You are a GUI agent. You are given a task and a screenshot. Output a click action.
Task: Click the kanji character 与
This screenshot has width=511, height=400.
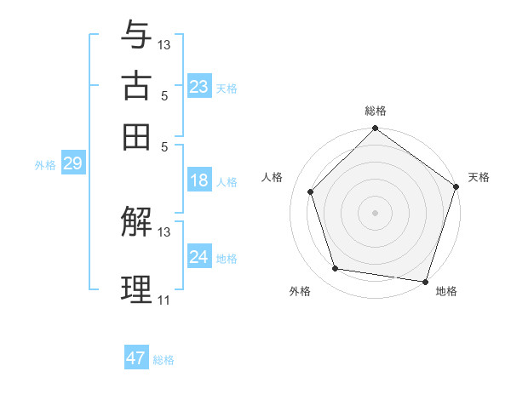coord(136,35)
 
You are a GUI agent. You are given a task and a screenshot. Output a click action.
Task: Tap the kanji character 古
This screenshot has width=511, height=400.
coord(136,86)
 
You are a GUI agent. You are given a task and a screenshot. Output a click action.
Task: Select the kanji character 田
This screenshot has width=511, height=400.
coord(136,136)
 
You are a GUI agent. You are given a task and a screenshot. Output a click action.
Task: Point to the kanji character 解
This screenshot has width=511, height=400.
coord(136,223)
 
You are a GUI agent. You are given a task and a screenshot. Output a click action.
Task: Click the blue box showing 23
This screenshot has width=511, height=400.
coord(199,87)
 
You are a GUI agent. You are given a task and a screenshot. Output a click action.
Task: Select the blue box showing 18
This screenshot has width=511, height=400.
coord(199,180)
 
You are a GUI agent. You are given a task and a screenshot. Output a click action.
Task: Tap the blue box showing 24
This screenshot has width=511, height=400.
coord(199,257)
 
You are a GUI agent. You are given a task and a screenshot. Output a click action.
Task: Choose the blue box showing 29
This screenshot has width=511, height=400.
coord(72,164)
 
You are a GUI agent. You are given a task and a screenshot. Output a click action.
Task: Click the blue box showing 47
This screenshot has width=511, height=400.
coord(136,358)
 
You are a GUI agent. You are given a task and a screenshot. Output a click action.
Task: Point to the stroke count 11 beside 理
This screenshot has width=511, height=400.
coord(164,300)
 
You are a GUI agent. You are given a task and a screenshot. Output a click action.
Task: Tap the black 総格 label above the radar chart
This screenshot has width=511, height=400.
coord(376,111)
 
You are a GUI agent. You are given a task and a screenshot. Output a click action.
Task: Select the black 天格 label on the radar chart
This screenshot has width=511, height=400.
coord(479,177)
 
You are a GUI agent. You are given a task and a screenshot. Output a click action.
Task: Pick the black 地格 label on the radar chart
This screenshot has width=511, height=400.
coord(446,291)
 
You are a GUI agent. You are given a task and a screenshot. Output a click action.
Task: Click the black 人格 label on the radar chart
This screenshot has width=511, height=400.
coord(273,177)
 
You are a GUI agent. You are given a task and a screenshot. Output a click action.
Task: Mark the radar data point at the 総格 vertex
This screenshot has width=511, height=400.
coord(376,130)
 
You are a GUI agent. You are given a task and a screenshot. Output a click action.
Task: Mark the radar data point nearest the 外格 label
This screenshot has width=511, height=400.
coord(336,269)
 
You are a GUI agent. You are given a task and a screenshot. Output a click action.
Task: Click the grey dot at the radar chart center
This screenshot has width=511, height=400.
coord(376,212)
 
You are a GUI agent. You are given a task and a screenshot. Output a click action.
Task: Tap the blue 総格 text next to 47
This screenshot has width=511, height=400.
coord(164,359)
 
